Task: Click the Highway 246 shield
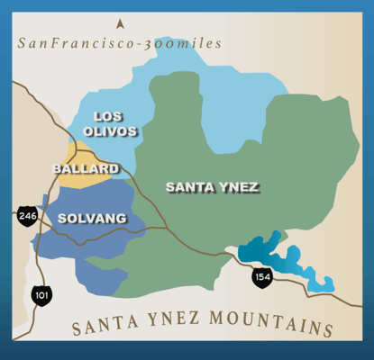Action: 26,216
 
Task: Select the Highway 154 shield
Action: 261,277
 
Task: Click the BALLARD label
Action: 86,168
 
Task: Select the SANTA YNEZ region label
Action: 212,187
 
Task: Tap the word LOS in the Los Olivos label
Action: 108,116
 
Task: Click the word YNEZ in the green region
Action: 240,187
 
